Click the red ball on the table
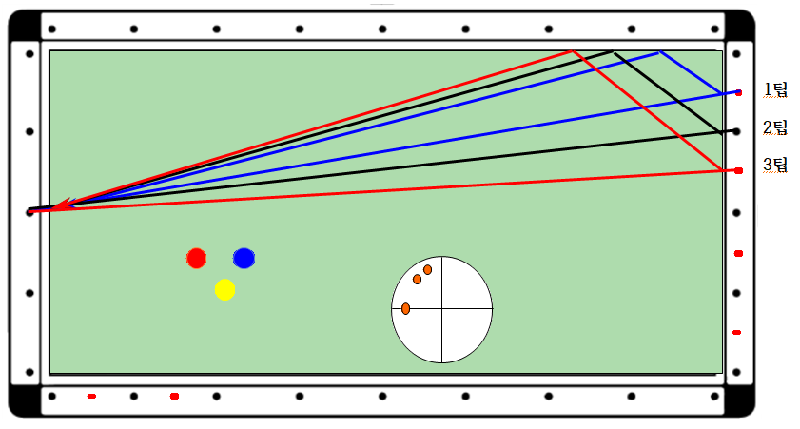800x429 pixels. [196, 258]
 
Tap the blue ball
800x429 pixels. [244, 258]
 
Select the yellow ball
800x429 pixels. [224, 289]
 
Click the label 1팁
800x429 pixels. [775, 90]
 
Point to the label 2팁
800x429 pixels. [775, 127]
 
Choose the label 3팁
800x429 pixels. [775, 165]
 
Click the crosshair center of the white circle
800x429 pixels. [441, 309]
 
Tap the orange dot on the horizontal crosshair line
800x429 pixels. [406, 308]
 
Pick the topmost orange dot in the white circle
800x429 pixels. [427, 269]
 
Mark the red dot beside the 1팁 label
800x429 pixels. [738, 92]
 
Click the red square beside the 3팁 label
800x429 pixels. [738, 170]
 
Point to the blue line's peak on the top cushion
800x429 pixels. [660, 51]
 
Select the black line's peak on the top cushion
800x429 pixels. [613, 51]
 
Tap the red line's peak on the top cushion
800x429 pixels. [572, 50]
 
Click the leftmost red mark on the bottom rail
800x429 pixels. [91, 396]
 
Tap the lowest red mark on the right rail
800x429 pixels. [736, 332]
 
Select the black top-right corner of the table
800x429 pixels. [740, 26]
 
